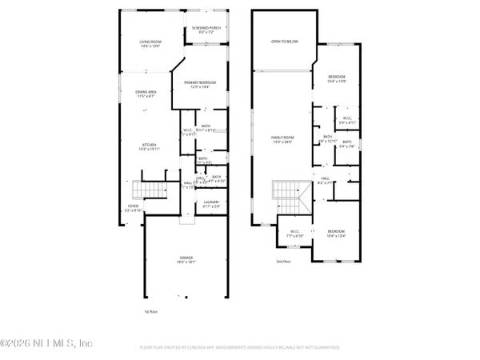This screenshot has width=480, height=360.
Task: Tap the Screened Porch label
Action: click(206, 30)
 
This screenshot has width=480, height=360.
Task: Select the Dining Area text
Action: click(146, 94)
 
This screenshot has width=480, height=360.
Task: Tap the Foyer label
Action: click(134, 210)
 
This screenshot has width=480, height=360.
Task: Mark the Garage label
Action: click(186, 259)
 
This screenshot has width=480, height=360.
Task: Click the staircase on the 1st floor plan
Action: click(148, 190)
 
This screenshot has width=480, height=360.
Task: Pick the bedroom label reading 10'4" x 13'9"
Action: click(336, 78)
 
